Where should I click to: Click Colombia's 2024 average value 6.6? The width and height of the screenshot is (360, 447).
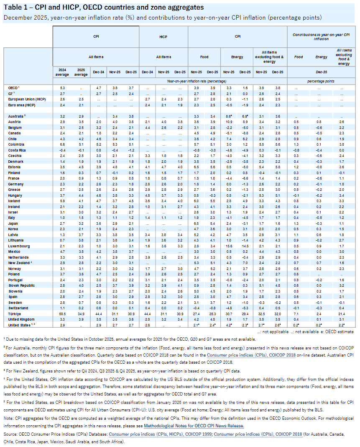point(61,144)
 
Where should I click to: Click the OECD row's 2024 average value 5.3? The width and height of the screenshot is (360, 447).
point(61,87)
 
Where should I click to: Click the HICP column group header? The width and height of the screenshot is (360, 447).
point(163,36)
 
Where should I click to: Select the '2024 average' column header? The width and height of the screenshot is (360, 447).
point(62,72)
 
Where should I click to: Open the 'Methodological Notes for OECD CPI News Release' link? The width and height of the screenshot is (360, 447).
point(194,426)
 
